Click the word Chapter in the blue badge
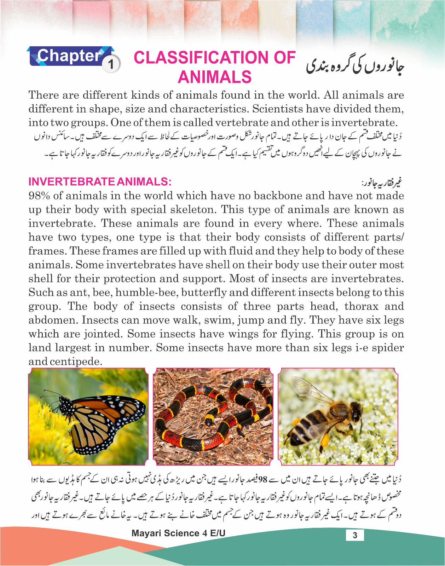point(69,56)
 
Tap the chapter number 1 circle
point(111,64)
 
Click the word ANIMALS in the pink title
point(214,77)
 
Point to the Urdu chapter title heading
point(355,66)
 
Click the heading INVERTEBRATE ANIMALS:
point(100,181)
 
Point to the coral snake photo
point(213,416)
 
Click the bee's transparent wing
point(311,389)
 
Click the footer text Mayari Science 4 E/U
point(178,533)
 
